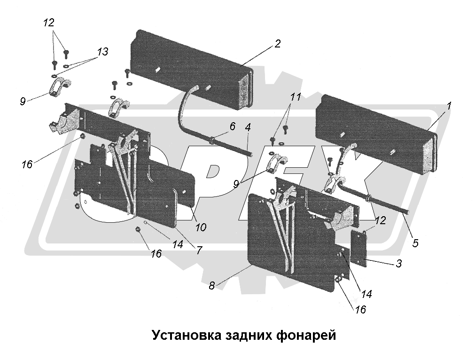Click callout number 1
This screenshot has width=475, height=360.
(449, 107)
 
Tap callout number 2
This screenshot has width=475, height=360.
(277, 44)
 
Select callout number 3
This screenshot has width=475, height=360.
(398, 264)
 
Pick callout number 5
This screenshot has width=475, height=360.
(415, 243)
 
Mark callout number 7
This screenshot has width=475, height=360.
(199, 250)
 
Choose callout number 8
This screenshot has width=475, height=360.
(212, 285)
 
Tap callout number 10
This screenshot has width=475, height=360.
(200, 227)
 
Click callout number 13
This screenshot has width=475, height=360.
(102, 52)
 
